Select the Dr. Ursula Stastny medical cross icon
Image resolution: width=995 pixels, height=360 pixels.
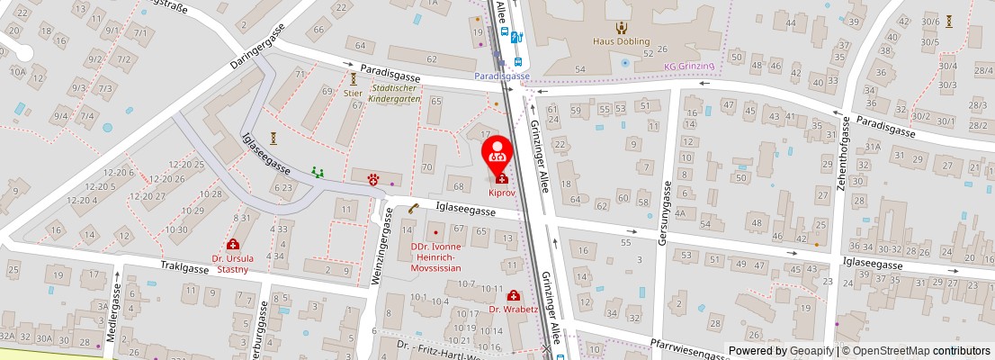pyautogui.click(x=232, y=245)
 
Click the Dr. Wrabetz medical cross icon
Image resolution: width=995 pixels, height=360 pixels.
pyautogui.click(x=513, y=295)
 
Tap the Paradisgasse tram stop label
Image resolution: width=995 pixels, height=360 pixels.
pyautogui.click(x=502, y=76)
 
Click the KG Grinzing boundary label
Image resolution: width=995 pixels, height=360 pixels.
pyautogui.click(x=688, y=66)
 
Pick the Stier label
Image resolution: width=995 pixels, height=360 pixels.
pyautogui.click(x=353, y=92)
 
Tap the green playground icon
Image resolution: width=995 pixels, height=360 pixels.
pyautogui.click(x=317, y=171)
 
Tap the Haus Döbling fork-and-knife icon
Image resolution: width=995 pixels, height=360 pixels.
pyautogui.click(x=621, y=27)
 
